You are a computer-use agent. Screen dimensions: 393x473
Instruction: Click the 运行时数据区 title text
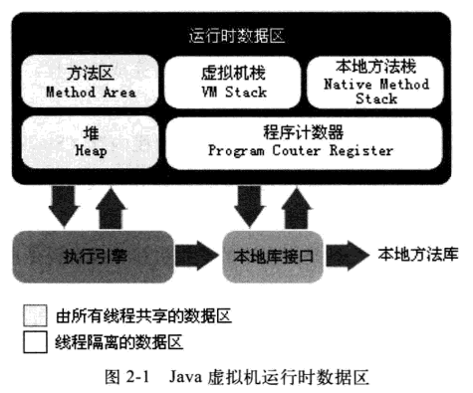pyautogui.click(x=236, y=37)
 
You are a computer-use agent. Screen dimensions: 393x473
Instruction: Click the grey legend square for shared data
pyautogui.click(x=33, y=317)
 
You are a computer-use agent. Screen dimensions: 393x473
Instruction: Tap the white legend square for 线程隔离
pyautogui.click(x=33, y=343)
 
